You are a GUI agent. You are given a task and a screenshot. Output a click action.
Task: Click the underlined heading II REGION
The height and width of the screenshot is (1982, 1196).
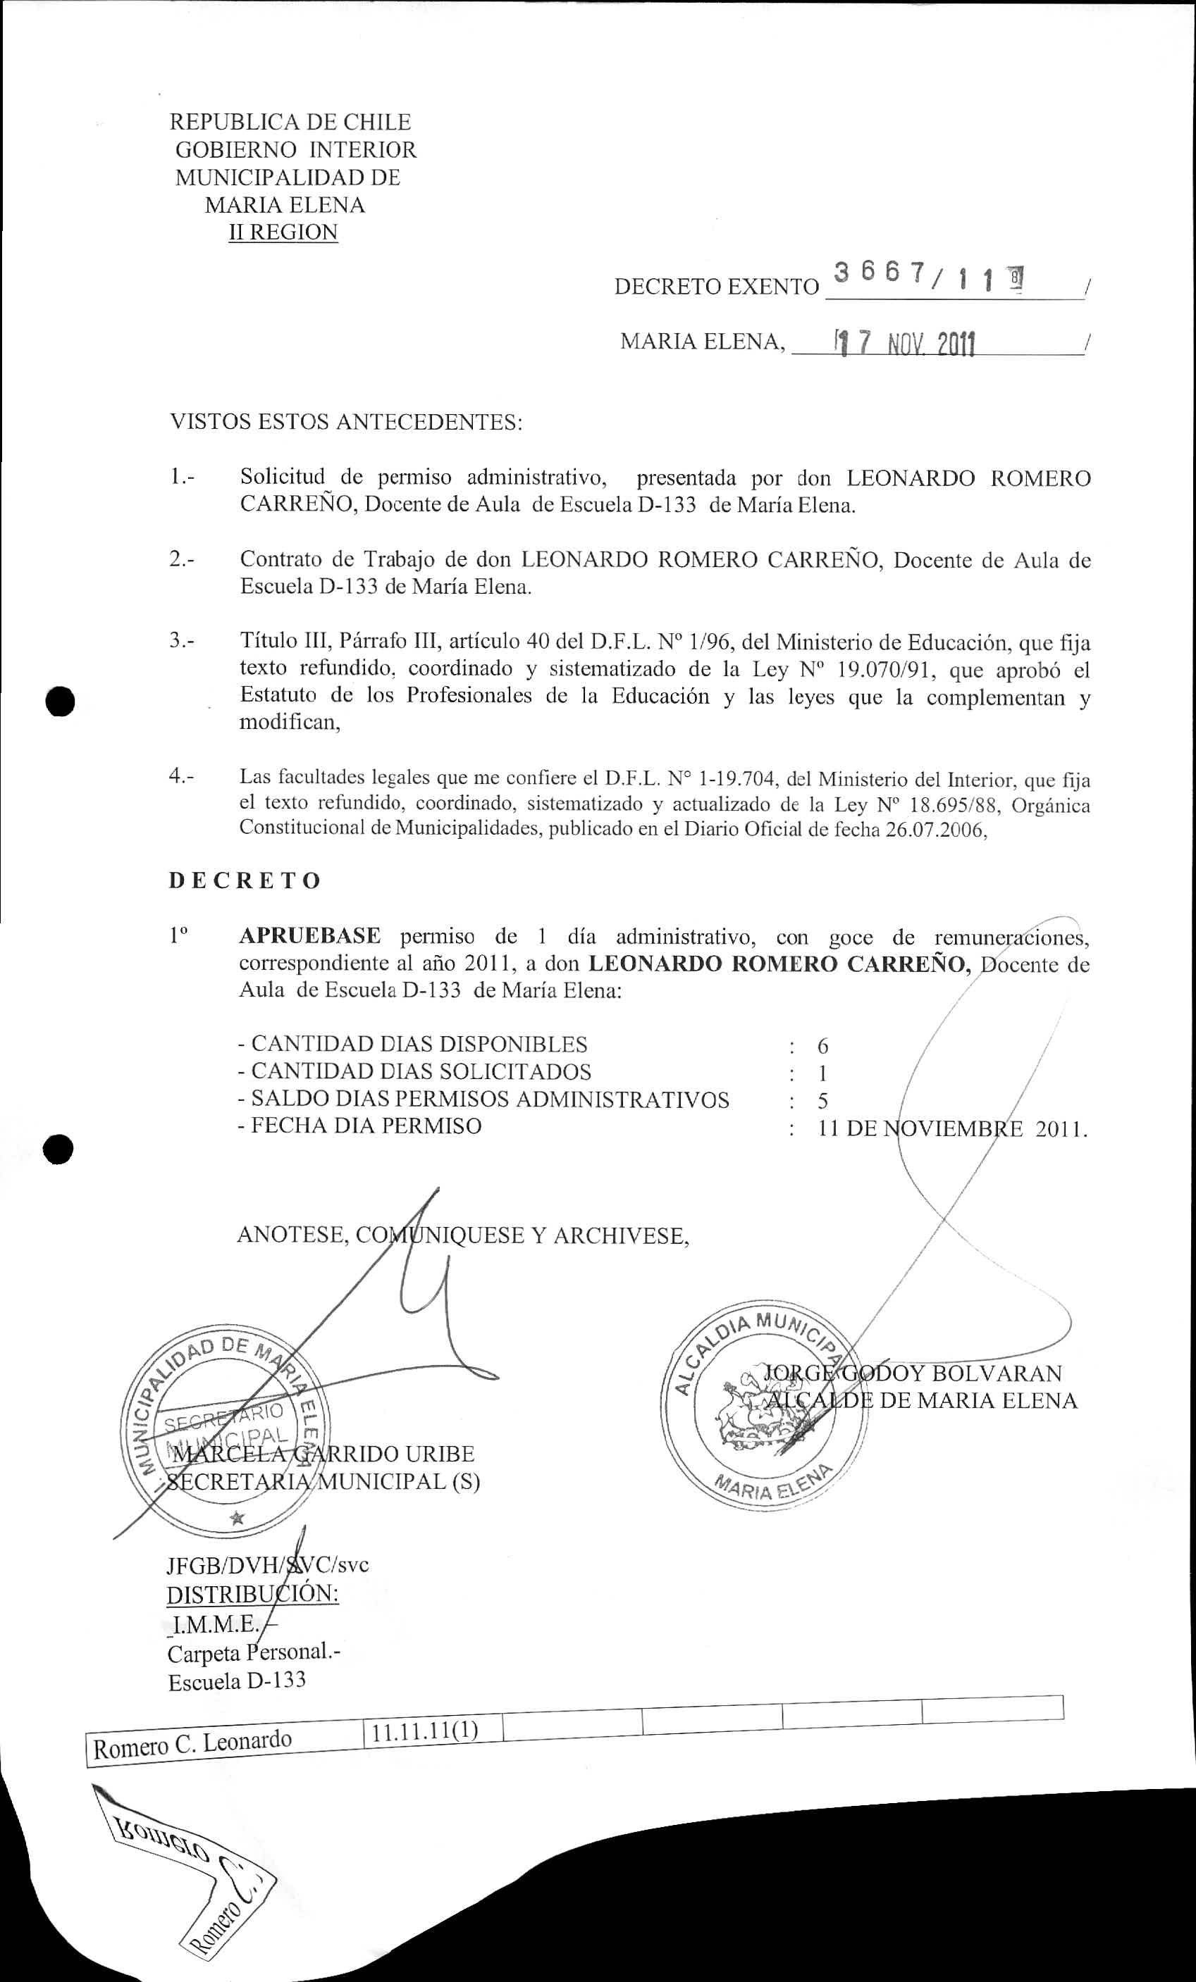tap(283, 232)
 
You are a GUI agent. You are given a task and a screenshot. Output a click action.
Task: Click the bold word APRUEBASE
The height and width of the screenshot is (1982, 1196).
tap(310, 936)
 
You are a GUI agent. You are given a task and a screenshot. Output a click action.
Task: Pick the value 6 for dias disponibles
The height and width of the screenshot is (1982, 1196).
tap(822, 1046)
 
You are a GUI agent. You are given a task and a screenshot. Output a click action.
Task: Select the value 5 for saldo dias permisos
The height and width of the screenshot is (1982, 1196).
tap(822, 1100)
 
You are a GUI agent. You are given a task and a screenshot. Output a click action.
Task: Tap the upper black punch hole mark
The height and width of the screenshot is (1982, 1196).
tap(61, 700)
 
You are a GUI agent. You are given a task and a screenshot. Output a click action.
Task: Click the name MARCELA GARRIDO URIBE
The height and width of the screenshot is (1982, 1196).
tap(323, 1454)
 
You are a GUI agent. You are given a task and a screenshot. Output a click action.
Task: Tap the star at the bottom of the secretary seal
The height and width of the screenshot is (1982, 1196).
tap(237, 1518)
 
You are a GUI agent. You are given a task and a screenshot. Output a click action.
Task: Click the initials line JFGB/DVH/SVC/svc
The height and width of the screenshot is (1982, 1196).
tap(267, 1564)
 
